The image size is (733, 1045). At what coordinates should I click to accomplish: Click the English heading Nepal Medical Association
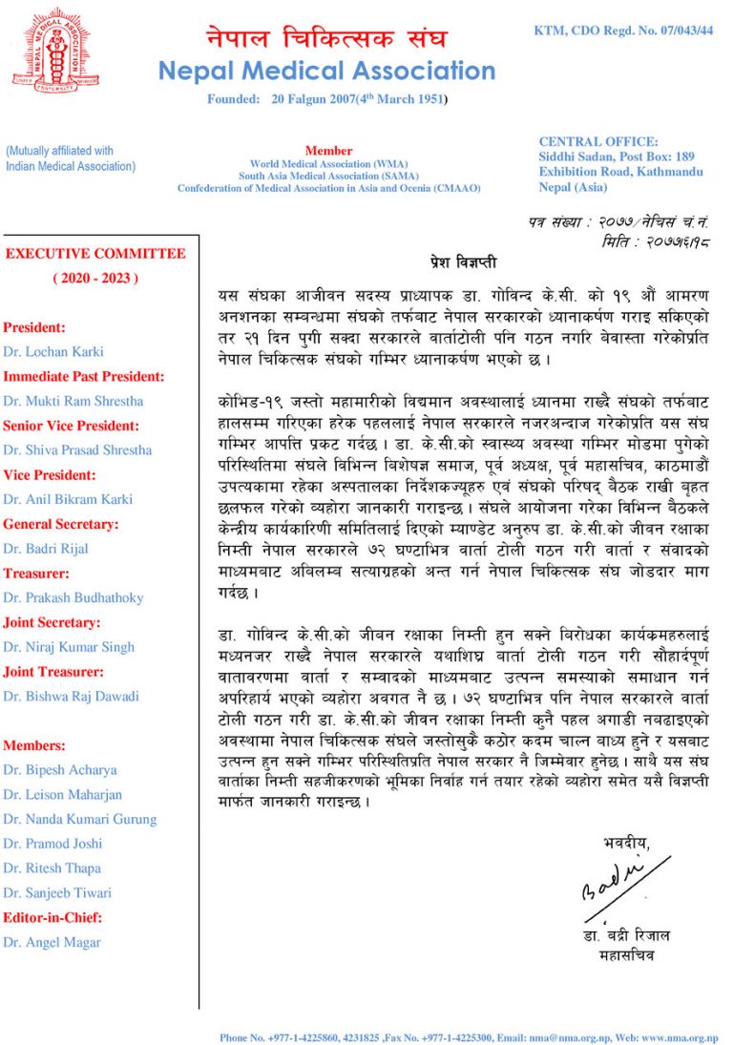click(326, 71)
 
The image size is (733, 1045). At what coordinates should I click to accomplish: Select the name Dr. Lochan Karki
click(53, 351)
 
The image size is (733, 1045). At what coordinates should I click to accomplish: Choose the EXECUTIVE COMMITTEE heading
click(95, 254)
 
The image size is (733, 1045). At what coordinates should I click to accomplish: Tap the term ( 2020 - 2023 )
click(95, 278)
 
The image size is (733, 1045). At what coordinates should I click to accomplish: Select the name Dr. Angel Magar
click(52, 942)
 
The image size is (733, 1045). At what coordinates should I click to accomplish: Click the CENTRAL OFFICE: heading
click(598, 141)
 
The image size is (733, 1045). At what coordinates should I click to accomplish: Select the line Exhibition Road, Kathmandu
click(620, 172)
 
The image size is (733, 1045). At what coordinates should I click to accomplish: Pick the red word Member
click(328, 151)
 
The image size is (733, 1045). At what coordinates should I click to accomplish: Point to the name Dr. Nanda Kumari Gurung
click(79, 819)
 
